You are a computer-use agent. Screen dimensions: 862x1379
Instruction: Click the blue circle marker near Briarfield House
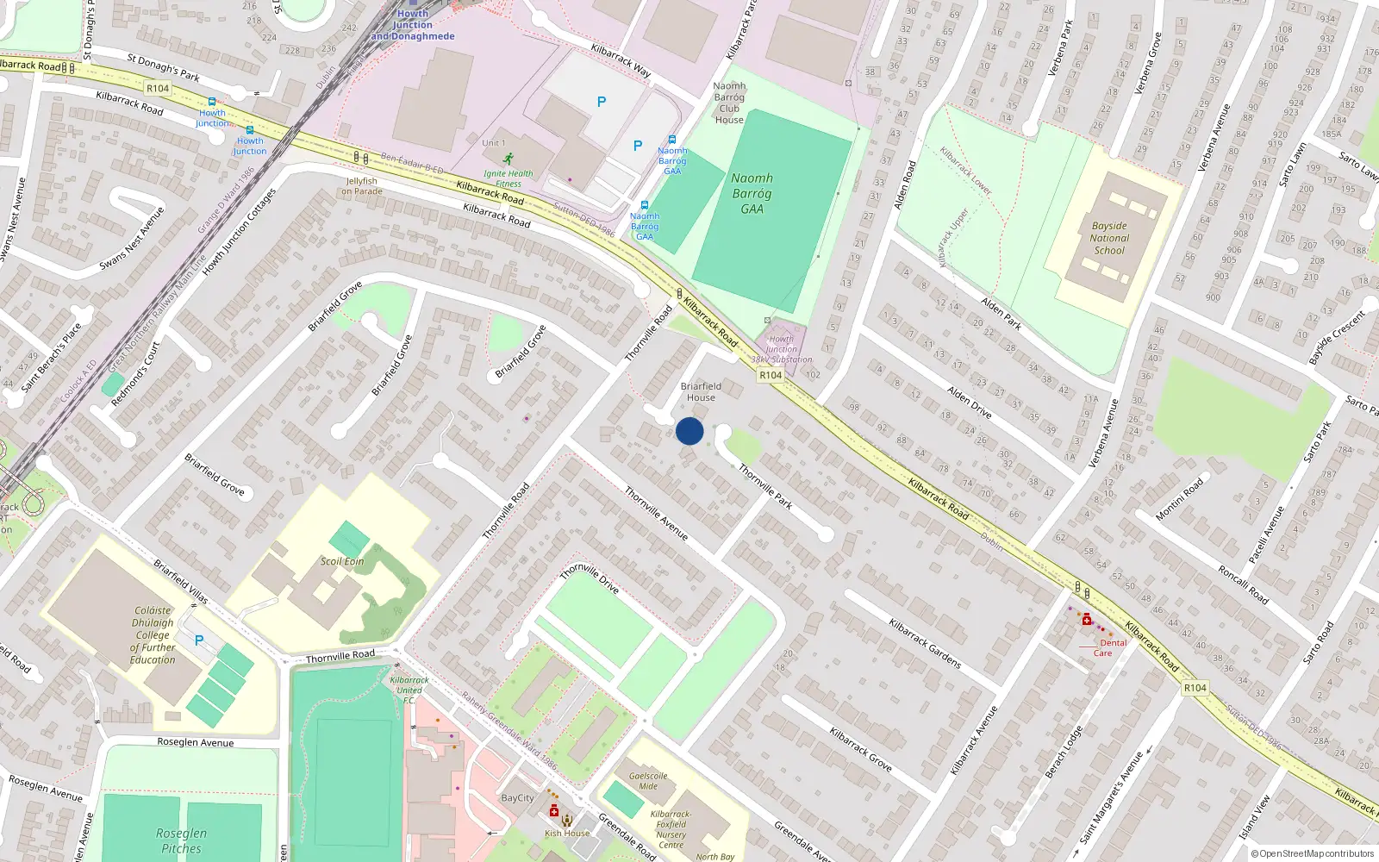tap(689, 431)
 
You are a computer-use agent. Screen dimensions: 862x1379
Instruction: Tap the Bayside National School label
tap(1109, 239)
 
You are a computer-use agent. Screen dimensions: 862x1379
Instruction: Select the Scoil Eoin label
tap(342, 561)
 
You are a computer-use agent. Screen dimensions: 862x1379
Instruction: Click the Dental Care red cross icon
tap(1087, 620)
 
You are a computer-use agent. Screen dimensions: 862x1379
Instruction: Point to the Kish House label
tap(567, 834)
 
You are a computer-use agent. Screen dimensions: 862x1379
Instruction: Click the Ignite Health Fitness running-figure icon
tap(509, 159)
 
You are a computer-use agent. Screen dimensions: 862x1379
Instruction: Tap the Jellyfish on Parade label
tap(362, 186)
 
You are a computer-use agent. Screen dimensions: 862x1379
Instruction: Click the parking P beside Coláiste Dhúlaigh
tap(199, 640)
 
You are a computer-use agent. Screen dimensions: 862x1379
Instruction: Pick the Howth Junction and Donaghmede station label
tap(413, 25)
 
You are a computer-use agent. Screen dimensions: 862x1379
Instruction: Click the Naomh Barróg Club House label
tap(729, 103)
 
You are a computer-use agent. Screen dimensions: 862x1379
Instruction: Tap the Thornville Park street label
tap(765, 486)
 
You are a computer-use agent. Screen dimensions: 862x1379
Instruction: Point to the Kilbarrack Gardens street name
tap(925, 643)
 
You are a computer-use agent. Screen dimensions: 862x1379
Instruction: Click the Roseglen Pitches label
tap(181, 840)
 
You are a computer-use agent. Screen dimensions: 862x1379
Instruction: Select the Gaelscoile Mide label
tap(648, 781)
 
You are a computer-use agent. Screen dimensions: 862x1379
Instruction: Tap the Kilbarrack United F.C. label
tap(409, 690)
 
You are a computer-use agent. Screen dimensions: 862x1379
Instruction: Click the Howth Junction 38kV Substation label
tap(781, 349)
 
